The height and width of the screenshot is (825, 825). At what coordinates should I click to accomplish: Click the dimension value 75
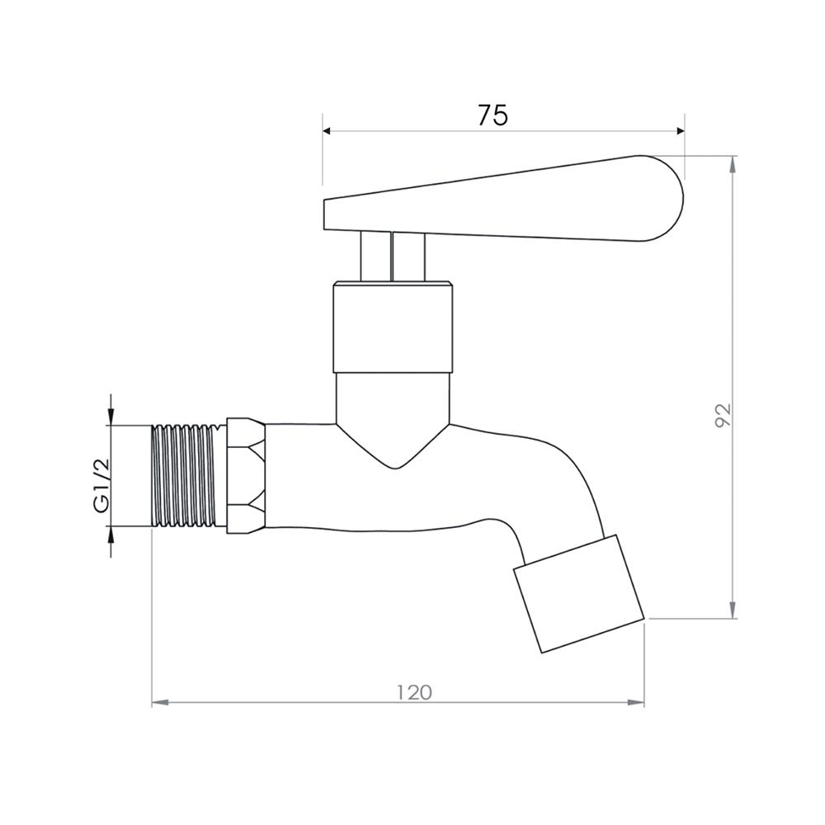coord(493,115)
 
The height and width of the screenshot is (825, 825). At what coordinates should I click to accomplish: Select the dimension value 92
coord(724,415)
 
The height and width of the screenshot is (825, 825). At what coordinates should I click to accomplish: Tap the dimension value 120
coord(414,692)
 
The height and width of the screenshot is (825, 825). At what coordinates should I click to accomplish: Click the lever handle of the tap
coord(503,199)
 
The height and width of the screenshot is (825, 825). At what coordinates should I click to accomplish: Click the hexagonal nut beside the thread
coord(246,476)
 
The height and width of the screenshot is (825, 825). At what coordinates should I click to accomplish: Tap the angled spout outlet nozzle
coord(579,594)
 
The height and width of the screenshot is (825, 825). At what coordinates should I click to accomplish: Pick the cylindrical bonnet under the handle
coord(393,328)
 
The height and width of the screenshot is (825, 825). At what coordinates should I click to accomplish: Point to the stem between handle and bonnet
coord(393,257)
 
